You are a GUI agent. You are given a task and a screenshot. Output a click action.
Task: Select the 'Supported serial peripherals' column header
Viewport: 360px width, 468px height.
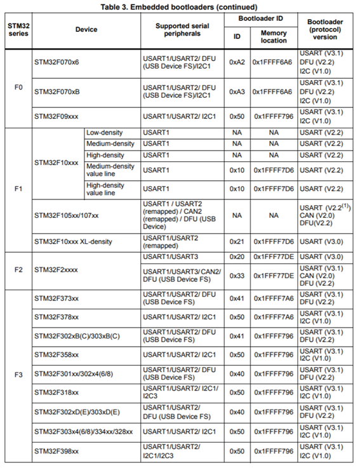tap(182, 29)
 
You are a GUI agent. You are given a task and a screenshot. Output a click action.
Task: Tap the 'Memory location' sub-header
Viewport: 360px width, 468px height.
tap(273, 37)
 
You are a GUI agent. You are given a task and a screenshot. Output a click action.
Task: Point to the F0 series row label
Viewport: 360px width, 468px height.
tap(17, 86)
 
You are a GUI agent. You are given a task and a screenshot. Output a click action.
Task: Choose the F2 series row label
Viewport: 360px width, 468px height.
tap(17, 269)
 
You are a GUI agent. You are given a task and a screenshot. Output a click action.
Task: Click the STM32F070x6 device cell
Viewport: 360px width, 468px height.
tap(57, 62)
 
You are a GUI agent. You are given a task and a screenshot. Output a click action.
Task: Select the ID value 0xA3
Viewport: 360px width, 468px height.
tap(237, 91)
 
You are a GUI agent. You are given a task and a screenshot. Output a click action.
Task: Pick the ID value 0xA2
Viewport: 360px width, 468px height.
tap(237, 62)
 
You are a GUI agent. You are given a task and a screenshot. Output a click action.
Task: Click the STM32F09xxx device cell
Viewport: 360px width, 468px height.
tap(57, 117)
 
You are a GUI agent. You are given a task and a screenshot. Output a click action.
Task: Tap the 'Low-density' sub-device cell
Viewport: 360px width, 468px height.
tap(104, 132)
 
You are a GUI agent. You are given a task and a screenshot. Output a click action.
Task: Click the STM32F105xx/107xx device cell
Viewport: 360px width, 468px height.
tap(66, 215)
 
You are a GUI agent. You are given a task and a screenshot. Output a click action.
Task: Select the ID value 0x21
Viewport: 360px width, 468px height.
tap(237, 241)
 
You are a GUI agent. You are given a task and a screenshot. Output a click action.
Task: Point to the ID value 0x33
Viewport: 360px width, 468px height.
tap(237, 276)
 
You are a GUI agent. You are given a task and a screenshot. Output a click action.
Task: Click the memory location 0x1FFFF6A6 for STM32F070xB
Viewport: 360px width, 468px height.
tap(273, 91)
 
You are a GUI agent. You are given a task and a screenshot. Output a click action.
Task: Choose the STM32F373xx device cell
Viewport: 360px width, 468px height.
tap(57, 298)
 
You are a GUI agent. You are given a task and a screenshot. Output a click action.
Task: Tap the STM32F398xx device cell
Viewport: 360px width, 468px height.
tap(57, 451)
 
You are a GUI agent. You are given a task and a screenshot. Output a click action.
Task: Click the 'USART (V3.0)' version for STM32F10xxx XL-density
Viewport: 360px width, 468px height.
tap(321, 241)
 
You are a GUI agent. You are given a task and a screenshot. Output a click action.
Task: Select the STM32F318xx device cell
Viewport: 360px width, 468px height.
tap(57, 393)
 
